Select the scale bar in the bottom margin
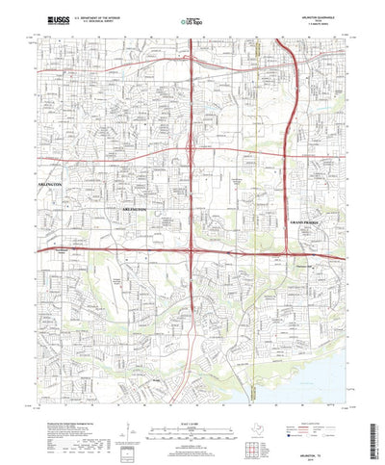192,402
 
